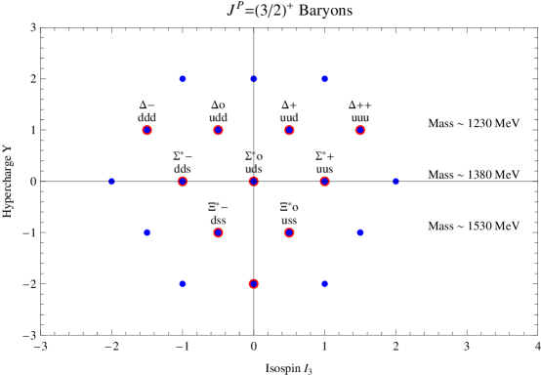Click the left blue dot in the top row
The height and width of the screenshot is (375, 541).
183,79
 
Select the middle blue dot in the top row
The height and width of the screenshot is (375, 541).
254,79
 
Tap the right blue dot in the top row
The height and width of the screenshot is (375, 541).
324,79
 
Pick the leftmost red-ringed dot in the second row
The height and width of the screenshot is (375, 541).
147,130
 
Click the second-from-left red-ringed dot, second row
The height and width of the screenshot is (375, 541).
218,130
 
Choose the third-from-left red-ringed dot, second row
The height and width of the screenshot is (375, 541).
289,130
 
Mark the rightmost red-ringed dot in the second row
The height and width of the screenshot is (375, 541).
360,130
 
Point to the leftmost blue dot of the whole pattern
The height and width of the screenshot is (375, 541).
111,182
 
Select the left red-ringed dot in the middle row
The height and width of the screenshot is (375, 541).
183,182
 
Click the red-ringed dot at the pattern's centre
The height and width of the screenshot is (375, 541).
254,182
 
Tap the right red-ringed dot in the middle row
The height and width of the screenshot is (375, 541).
324,182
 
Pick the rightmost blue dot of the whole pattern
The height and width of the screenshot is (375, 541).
395,182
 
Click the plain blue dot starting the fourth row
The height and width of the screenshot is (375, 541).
147,232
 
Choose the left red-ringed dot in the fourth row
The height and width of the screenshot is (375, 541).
218,232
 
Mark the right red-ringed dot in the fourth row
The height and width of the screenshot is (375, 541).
289,232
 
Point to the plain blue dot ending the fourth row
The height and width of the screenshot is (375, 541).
360,232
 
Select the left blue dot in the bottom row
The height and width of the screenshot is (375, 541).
183,284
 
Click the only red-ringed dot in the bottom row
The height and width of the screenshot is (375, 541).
254,284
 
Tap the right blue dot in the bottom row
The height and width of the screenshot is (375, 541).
324,284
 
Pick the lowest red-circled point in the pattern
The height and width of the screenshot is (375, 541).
254,284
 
